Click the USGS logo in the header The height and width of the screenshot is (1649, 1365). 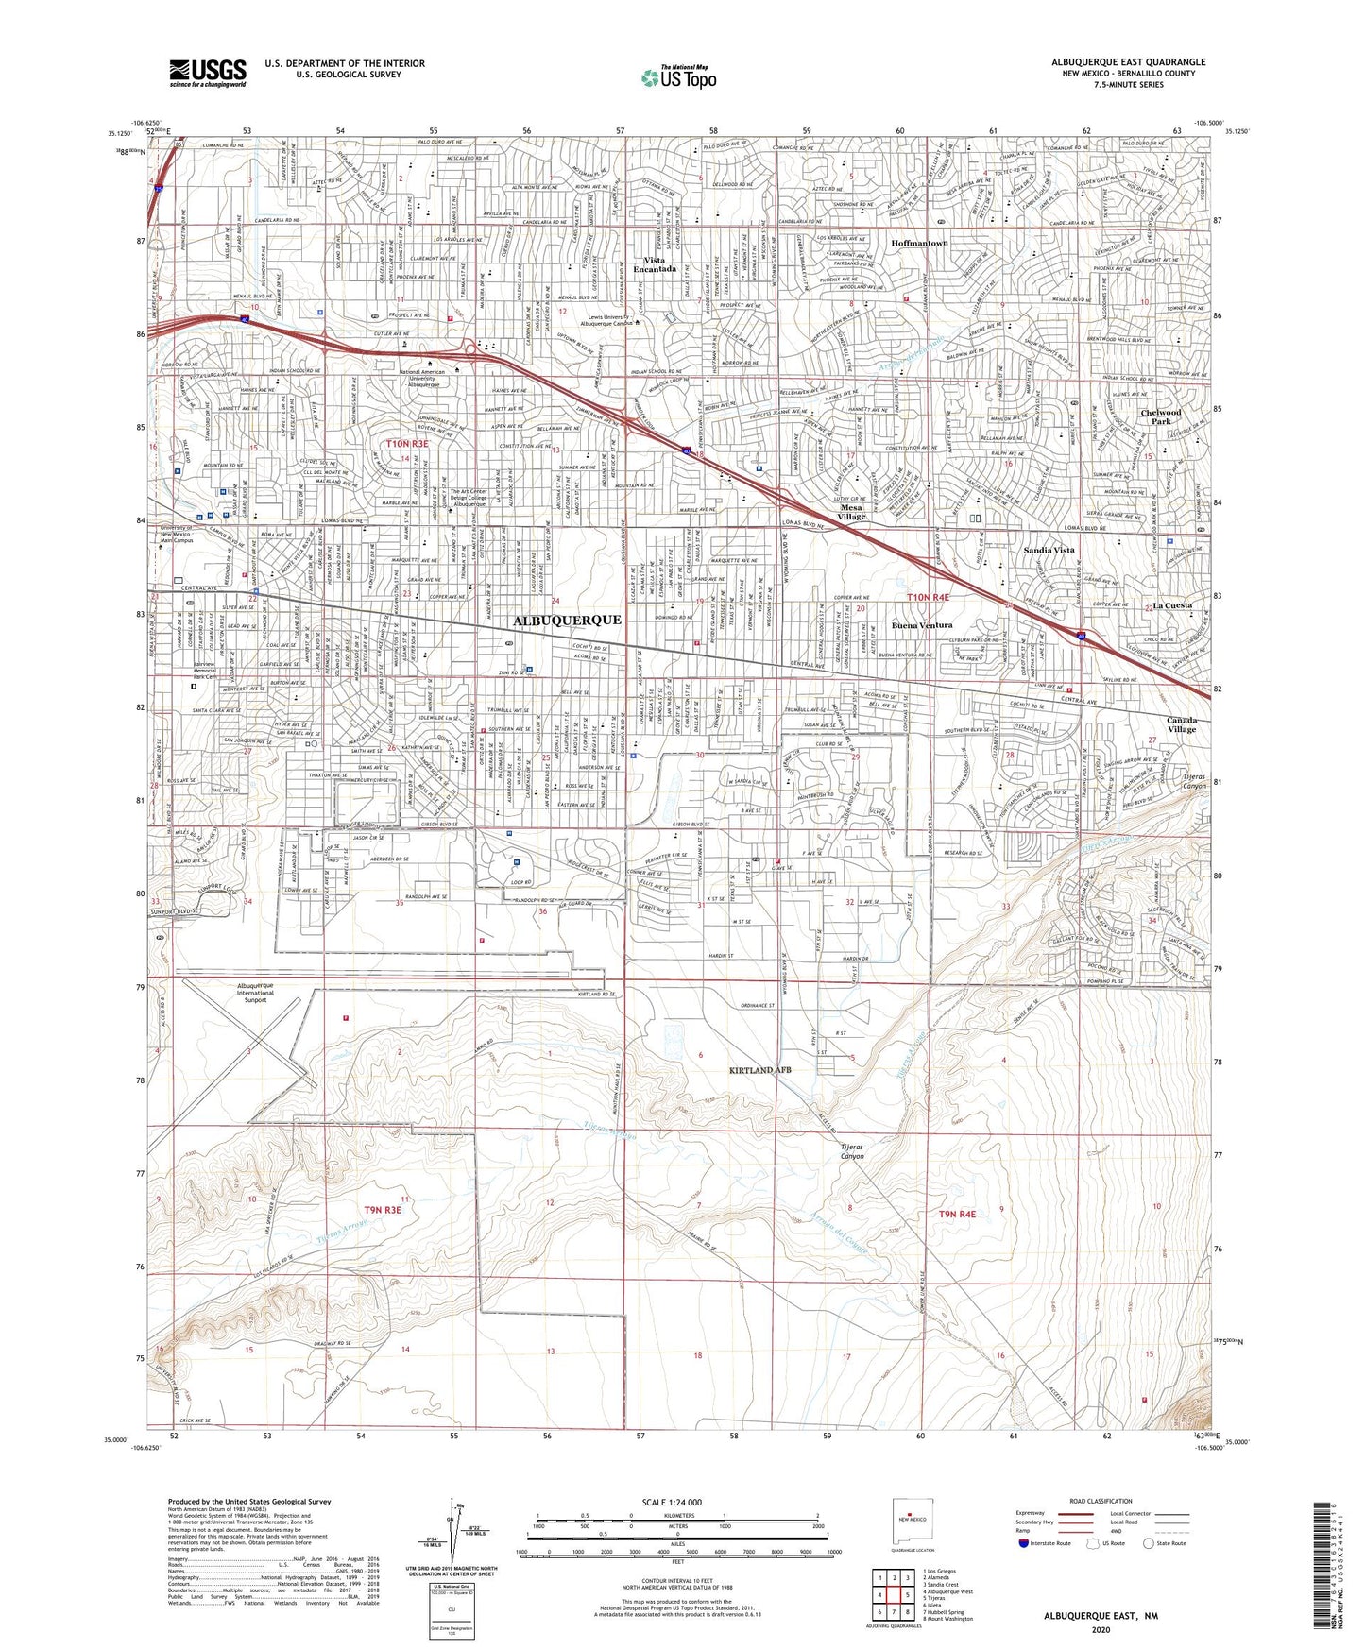click(x=208, y=73)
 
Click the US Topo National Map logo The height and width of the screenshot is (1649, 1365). click(x=678, y=77)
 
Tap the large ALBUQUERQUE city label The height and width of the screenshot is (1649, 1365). click(x=567, y=620)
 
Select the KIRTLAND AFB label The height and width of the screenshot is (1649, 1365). click(x=759, y=1070)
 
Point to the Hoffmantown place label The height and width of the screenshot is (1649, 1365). click(x=919, y=243)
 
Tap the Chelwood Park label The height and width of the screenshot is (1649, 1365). click(x=1160, y=416)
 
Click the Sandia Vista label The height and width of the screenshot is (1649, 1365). click(x=1049, y=550)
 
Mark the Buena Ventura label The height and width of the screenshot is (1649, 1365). click(x=922, y=625)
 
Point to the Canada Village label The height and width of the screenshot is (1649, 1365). click(x=1181, y=724)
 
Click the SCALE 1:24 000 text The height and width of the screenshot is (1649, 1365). click(x=672, y=1503)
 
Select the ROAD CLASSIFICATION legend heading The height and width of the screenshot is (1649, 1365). click(x=1102, y=1501)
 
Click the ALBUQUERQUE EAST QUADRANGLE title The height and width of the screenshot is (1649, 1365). click(x=1128, y=62)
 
